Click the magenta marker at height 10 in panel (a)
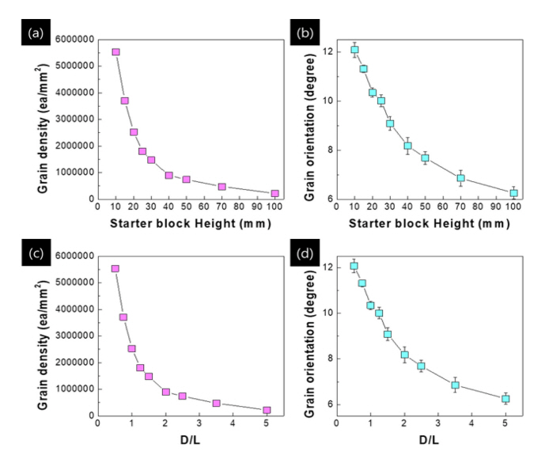tap(115, 52)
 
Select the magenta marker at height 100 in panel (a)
tap(274, 193)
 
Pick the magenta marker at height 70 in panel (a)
tap(221, 187)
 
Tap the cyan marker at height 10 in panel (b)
tap(354, 50)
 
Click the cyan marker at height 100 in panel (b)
tap(513, 193)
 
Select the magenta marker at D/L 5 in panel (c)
tap(267, 410)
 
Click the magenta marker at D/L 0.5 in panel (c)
tap(115, 269)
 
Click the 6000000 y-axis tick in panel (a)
tap(68, 40)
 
